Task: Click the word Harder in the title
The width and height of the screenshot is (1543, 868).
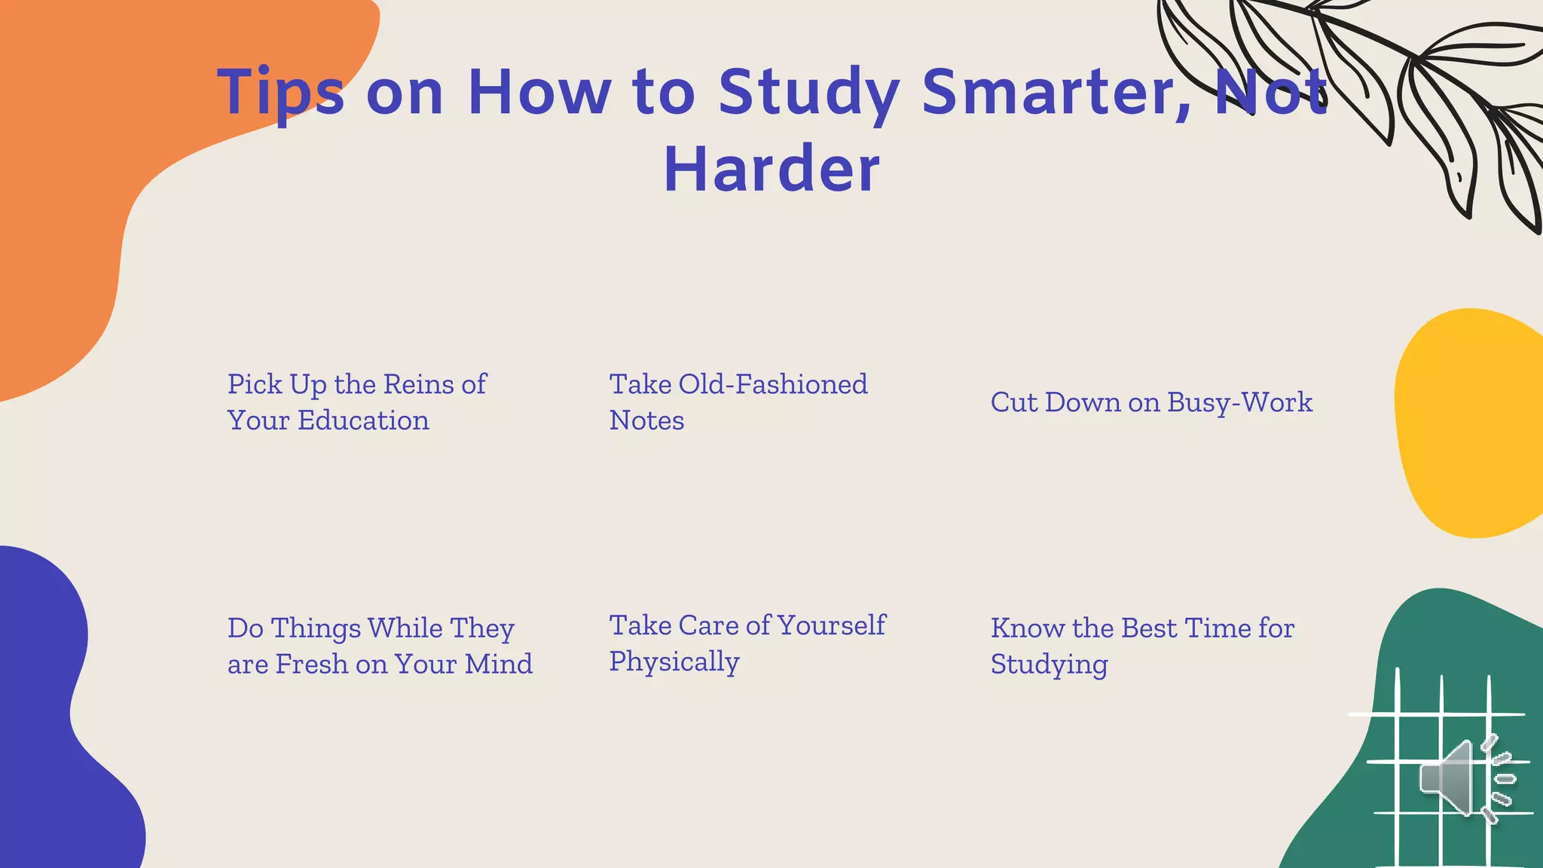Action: (x=771, y=169)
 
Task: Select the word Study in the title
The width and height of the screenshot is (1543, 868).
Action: (x=808, y=93)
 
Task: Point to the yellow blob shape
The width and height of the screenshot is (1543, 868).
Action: (x=1469, y=422)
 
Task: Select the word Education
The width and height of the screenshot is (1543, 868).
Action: (x=363, y=420)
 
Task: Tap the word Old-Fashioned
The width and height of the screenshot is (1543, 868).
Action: (x=773, y=384)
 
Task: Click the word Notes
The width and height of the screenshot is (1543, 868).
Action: (x=646, y=420)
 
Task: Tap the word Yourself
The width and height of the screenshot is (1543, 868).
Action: (x=832, y=625)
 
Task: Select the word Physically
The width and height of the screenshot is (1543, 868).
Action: (x=674, y=662)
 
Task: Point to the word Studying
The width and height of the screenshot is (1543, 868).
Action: (x=1049, y=665)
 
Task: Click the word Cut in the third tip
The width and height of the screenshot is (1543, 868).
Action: (x=1013, y=402)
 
